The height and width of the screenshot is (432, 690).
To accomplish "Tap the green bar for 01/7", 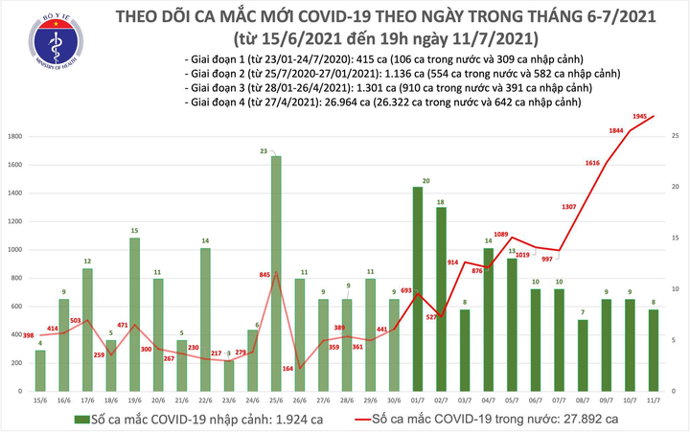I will pos(417,287).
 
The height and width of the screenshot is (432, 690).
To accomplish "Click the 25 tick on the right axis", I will pos(677,137).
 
